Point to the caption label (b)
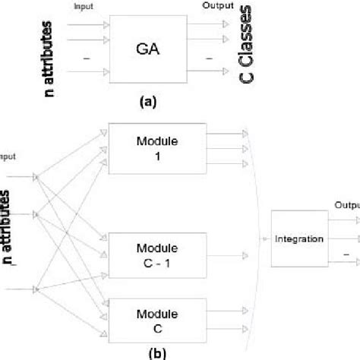pos(153,352)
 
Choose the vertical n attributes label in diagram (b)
pos(8,228)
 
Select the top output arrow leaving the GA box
pos(207,24)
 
